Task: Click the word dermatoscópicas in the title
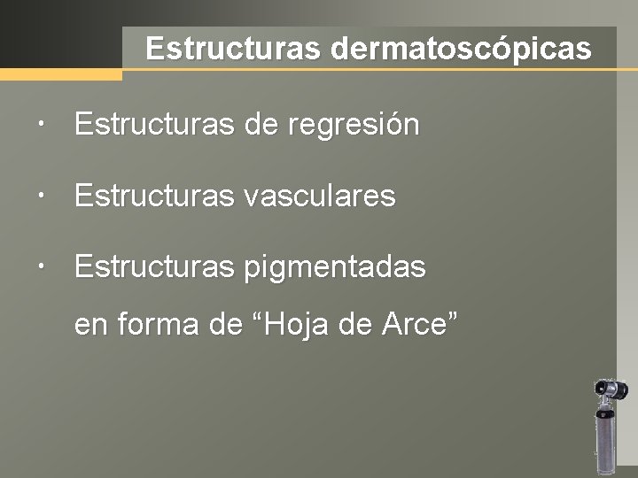point(461,49)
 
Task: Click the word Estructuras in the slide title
point(234,49)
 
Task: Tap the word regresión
point(354,126)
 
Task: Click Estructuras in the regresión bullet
point(152,125)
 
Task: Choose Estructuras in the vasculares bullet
point(152,196)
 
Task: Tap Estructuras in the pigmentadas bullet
point(152,266)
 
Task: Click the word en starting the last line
point(89,326)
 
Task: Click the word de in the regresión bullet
point(261,125)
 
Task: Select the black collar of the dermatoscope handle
point(607,412)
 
